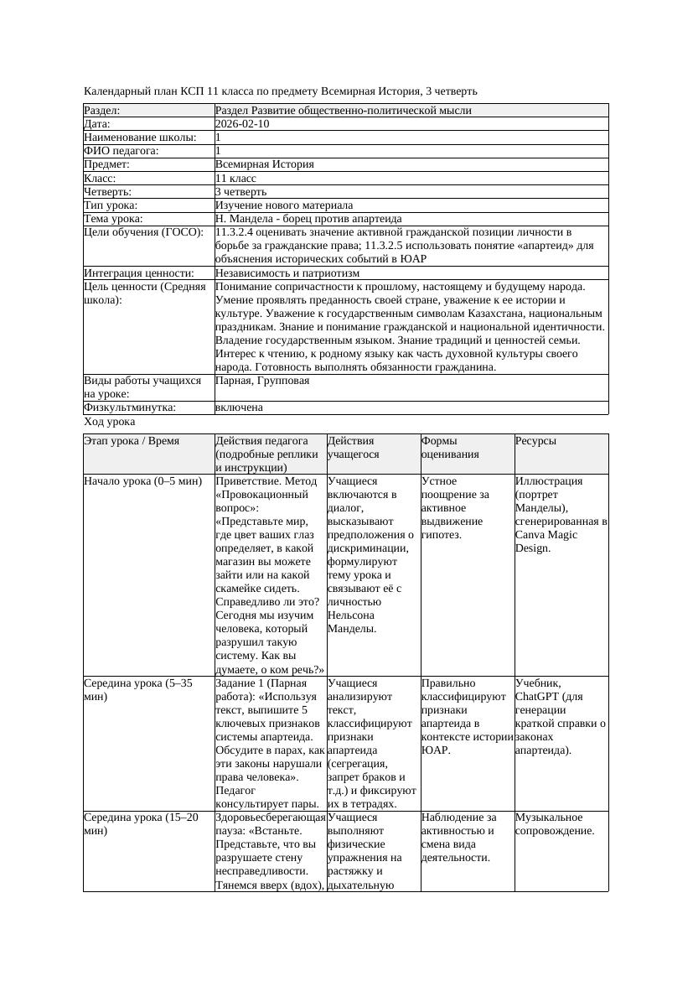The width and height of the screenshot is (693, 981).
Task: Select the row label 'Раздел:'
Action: [x=102, y=111]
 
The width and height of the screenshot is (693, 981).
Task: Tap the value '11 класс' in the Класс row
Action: [x=235, y=179]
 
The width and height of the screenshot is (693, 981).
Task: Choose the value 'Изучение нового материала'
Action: [x=284, y=205]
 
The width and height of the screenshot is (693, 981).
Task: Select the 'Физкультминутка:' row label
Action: [x=130, y=407]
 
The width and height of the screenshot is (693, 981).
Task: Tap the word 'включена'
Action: [x=239, y=407]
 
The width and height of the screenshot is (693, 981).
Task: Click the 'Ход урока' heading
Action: [x=109, y=423]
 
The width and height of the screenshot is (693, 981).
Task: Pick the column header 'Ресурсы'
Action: [x=535, y=441]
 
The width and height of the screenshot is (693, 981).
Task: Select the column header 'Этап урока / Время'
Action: [x=132, y=441]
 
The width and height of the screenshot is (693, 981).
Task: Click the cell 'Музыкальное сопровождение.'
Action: [x=555, y=823]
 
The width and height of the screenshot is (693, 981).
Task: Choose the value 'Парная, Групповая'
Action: [x=262, y=381]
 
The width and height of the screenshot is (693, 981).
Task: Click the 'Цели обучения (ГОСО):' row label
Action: [x=137, y=232]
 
